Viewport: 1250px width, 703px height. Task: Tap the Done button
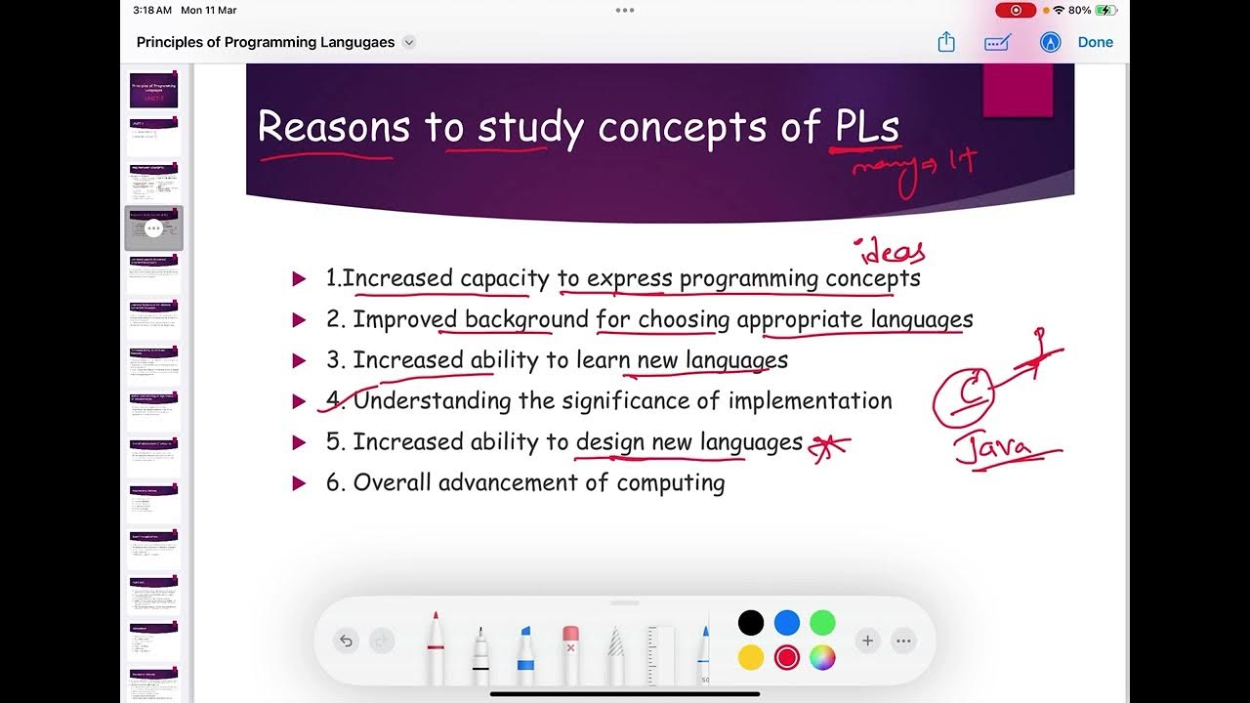[x=1095, y=42]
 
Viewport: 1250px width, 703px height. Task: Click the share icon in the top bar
[x=945, y=42]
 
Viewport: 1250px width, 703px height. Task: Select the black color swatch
[x=750, y=623]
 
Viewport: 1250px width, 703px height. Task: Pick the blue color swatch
[x=786, y=623]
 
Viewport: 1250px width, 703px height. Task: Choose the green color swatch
[x=822, y=623]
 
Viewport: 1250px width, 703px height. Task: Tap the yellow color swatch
[x=750, y=658]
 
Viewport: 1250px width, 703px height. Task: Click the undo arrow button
[x=345, y=641]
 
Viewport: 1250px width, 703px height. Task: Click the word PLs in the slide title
[x=866, y=127]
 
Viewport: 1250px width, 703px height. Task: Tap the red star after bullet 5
[x=829, y=444]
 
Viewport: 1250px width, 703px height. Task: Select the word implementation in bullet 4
[x=810, y=400]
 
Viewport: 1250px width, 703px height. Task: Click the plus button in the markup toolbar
[x=867, y=641]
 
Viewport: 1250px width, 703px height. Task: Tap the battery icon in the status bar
[x=1105, y=10]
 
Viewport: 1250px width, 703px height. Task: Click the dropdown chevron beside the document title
[x=409, y=42]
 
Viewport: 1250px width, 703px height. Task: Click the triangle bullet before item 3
[x=300, y=360]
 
